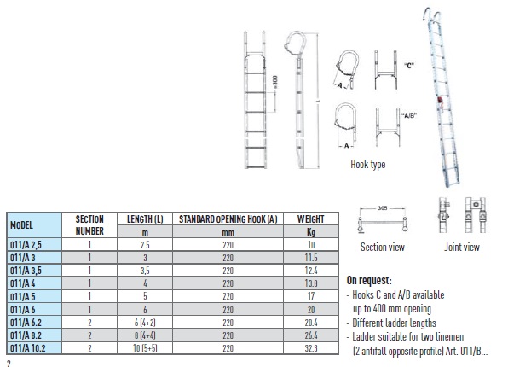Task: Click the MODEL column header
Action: (21, 225)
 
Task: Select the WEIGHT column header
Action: (311, 219)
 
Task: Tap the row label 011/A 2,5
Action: (26, 245)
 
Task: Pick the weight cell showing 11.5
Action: (311, 258)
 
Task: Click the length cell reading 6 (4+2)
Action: (145, 323)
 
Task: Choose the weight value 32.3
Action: (311, 348)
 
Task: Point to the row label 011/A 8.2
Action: (26, 335)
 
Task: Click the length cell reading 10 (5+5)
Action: (145, 348)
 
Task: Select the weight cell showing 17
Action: (311, 296)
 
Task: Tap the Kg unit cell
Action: (311, 232)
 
